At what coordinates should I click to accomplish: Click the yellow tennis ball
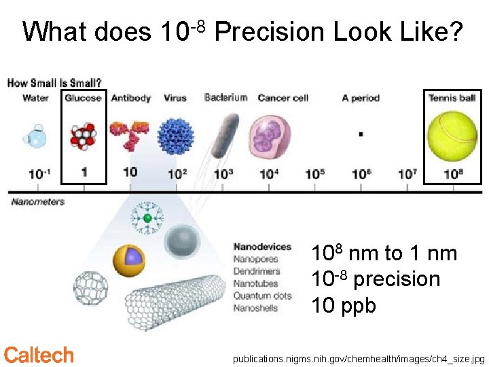pyautogui.click(x=452, y=136)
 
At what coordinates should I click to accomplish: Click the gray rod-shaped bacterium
pyautogui.click(x=224, y=135)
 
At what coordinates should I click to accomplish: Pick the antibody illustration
pyautogui.click(x=130, y=133)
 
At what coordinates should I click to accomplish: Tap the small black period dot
pyautogui.click(x=360, y=135)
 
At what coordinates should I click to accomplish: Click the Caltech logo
pyautogui.click(x=39, y=355)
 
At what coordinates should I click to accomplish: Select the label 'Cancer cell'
pyautogui.click(x=283, y=98)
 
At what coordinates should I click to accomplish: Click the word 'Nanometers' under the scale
pyautogui.click(x=38, y=202)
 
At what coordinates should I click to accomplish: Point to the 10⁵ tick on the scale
pyautogui.click(x=314, y=174)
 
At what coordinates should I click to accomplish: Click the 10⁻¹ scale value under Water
pyautogui.click(x=38, y=174)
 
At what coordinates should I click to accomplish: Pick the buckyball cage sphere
pyautogui.click(x=90, y=288)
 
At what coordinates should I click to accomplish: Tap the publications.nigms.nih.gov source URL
pyautogui.click(x=359, y=357)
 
